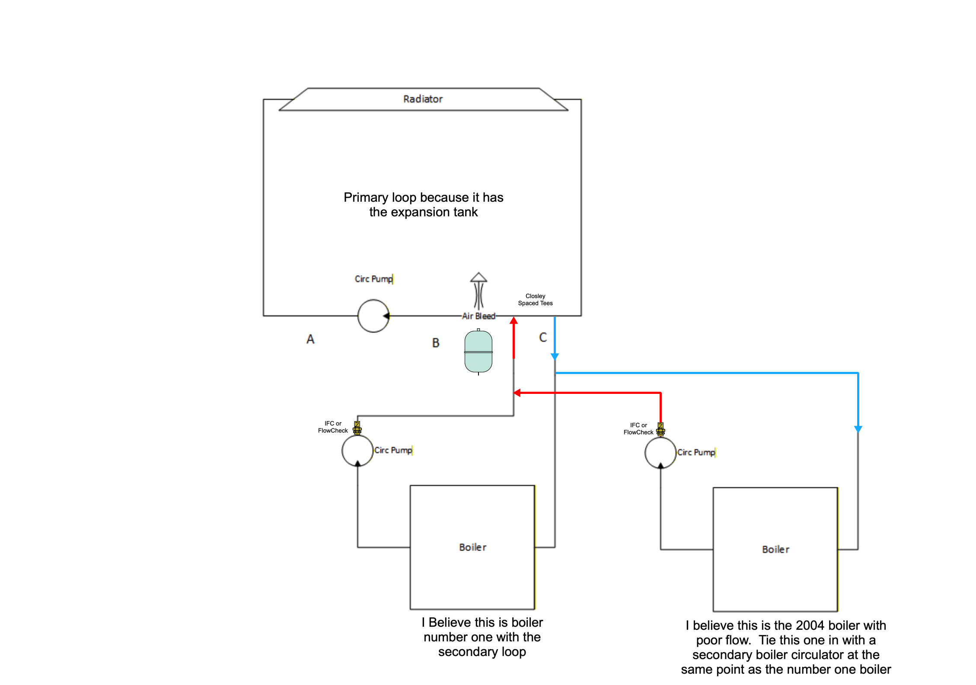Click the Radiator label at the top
coord(423,99)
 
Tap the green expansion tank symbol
coord(478,352)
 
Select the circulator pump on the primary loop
coord(373,316)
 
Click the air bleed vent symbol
coord(478,290)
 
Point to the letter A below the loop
coord(310,339)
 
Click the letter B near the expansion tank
coord(436,343)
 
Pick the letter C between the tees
coord(543,337)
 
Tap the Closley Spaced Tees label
coord(535,300)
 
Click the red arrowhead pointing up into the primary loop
coord(514,320)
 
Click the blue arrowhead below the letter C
coord(555,356)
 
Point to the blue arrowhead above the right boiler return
coord(858,429)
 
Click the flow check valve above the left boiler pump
coord(357,428)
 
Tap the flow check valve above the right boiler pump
coord(660,429)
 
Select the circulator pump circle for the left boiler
coord(357,450)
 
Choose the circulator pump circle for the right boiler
coord(660,453)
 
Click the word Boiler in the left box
coord(472,547)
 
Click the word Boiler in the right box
coord(775,549)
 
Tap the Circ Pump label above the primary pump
coord(374,279)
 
